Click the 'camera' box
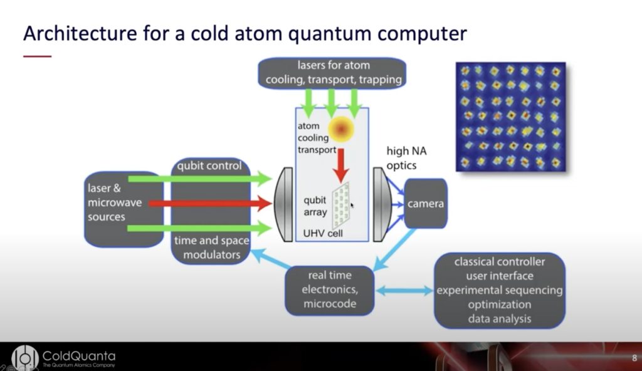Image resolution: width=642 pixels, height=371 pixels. click(x=426, y=204)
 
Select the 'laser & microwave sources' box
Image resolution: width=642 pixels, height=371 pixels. click(x=115, y=202)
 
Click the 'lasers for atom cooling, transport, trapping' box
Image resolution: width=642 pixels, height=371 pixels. click(x=334, y=73)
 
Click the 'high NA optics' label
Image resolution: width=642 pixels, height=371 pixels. click(x=406, y=159)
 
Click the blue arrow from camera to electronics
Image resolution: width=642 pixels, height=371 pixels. click(x=395, y=248)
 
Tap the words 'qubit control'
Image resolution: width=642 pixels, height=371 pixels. click(x=210, y=167)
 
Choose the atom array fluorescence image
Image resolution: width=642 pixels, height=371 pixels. click(x=510, y=117)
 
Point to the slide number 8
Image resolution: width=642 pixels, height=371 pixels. click(x=633, y=358)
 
